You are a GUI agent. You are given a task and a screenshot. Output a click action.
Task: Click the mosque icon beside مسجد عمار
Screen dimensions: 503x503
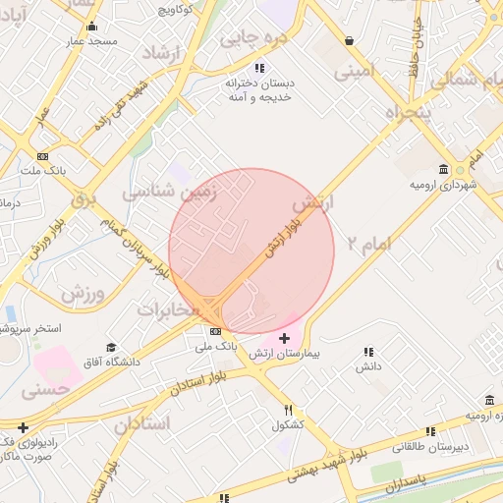pyautogui.click(x=92, y=27)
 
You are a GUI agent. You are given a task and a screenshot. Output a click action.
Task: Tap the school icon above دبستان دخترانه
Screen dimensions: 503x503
pyautogui.click(x=259, y=68)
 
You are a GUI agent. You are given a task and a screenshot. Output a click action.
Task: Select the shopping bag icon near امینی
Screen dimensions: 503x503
pyautogui.click(x=351, y=40)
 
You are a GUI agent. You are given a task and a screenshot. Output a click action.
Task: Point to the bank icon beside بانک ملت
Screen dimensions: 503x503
pyautogui.click(x=43, y=156)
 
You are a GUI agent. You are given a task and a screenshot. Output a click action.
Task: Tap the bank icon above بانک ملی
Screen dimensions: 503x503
pyautogui.click(x=215, y=332)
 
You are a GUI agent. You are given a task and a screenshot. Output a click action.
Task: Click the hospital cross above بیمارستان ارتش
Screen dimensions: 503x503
pyautogui.click(x=285, y=338)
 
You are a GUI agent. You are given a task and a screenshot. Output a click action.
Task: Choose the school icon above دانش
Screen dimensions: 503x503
pyautogui.click(x=368, y=351)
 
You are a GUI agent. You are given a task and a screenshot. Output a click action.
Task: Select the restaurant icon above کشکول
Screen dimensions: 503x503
pyautogui.click(x=288, y=410)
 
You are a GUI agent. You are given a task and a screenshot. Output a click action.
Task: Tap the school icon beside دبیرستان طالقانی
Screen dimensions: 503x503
pyautogui.click(x=433, y=429)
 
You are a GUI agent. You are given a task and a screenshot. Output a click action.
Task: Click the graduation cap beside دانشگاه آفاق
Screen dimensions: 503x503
pyautogui.click(x=111, y=348)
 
